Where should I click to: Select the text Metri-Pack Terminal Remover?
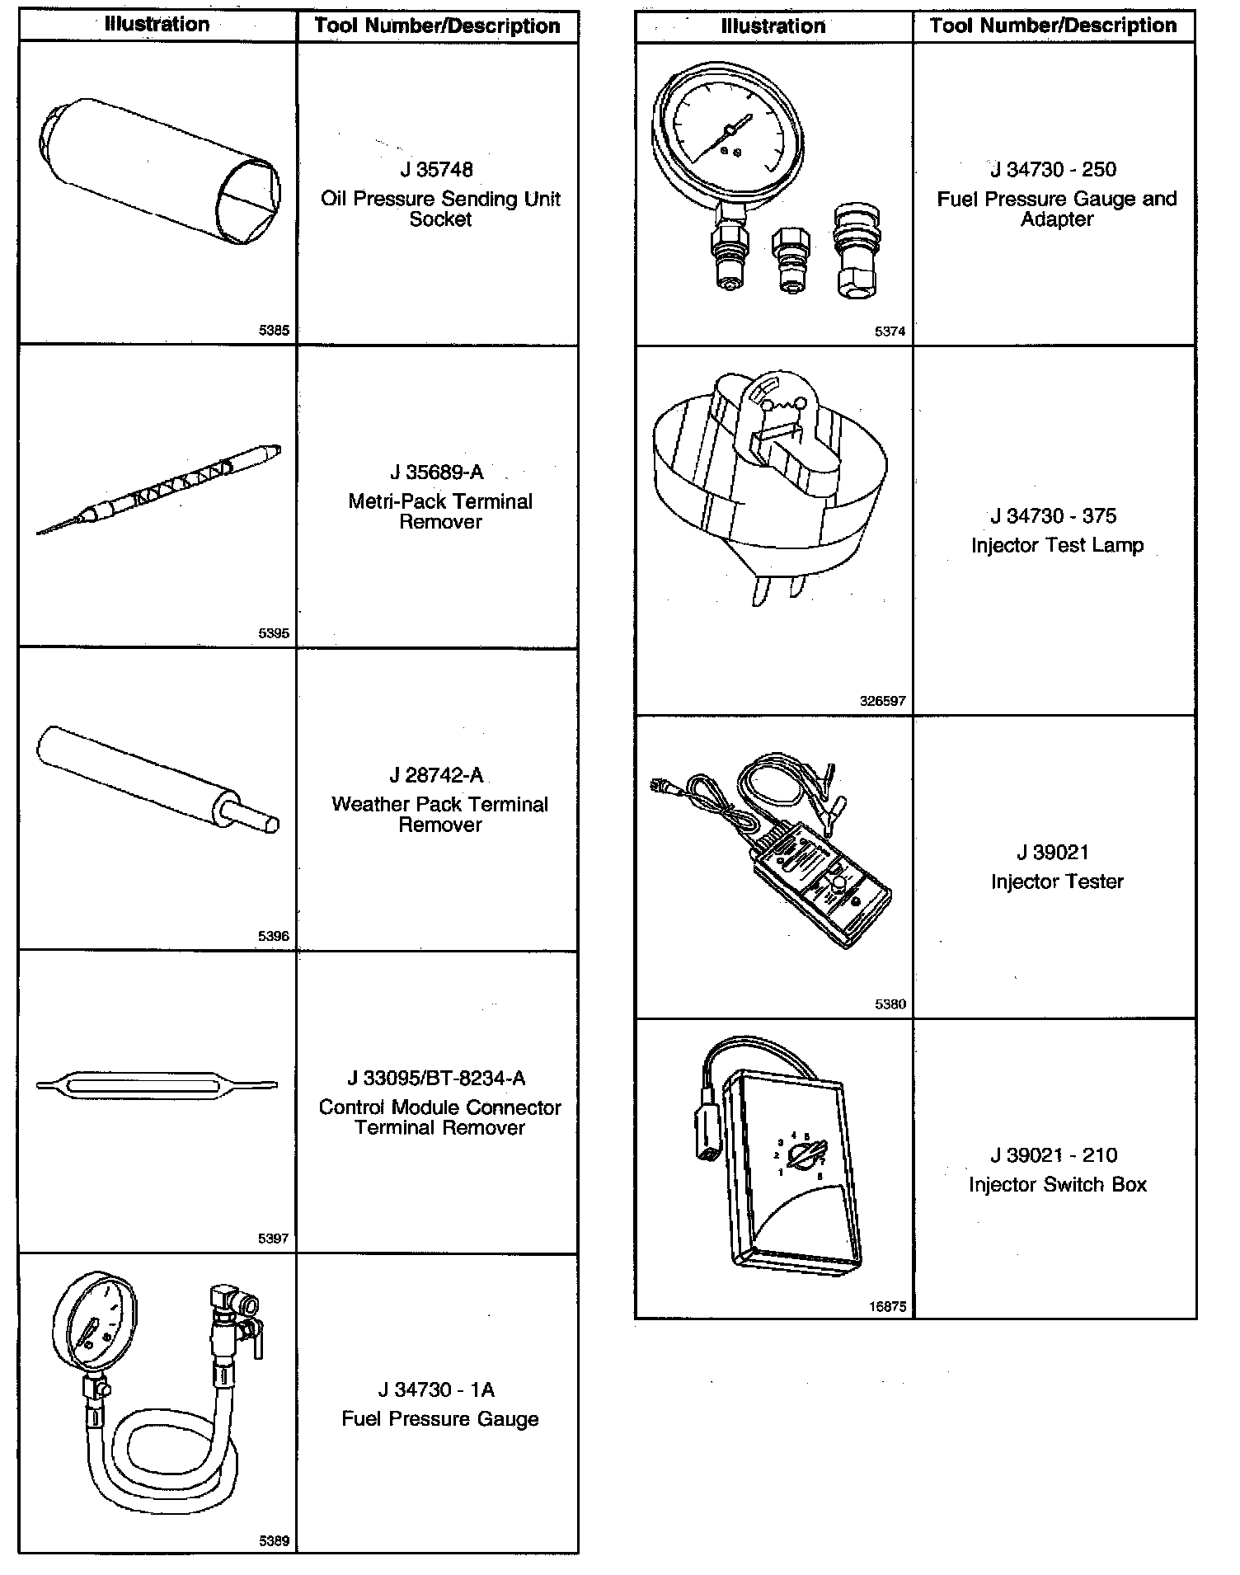click(x=440, y=511)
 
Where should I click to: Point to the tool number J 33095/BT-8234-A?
click(x=437, y=1078)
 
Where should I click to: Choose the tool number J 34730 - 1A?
click(x=437, y=1389)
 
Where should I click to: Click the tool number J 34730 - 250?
click(x=1054, y=170)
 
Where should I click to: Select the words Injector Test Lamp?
click(x=1057, y=545)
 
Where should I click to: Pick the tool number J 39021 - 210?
click(x=1054, y=1154)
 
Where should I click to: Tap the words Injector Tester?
click(x=1057, y=882)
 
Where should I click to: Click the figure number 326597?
click(x=882, y=701)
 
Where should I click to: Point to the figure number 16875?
click(x=887, y=1306)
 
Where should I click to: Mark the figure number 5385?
click(x=274, y=331)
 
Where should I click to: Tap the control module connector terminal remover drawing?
click(x=157, y=1084)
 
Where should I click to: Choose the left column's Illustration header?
click(x=157, y=25)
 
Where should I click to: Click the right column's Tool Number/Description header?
click(x=1054, y=26)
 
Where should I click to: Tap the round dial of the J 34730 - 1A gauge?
click(x=94, y=1326)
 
